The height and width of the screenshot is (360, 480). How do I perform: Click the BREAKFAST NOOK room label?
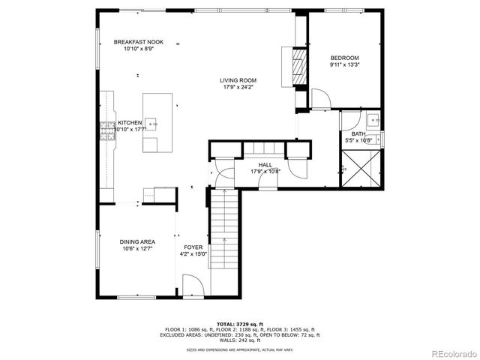coord(139,43)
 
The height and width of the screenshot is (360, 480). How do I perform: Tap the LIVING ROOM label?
coord(238,80)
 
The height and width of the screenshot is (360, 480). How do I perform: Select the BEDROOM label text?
coord(345,58)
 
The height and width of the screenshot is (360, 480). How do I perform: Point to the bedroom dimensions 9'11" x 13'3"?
coord(345,64)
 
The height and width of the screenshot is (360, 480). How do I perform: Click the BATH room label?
coord(358,133)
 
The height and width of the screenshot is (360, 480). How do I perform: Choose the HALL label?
coord(265,165)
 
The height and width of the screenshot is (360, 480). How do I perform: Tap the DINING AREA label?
coord(137,241)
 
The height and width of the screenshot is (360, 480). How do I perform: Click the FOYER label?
coord(193,247)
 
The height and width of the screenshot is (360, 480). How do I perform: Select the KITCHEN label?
coord(130,122)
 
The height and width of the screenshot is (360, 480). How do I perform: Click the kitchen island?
coord(157,122)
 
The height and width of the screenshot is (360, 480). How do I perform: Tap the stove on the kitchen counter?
coord(106,130)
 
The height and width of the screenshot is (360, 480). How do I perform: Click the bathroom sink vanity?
coord(373,120)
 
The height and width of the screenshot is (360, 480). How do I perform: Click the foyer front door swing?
coord(191,285)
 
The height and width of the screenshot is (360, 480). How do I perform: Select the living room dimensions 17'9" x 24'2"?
coord(238,87)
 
